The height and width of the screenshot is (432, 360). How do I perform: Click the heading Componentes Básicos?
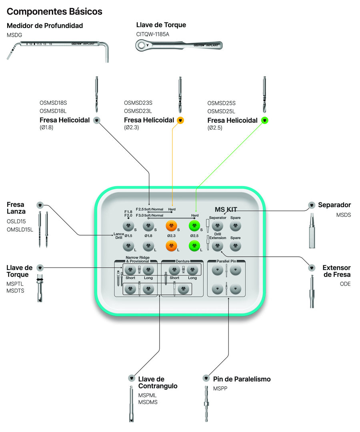[x=54, y=12]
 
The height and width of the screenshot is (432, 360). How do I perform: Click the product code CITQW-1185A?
[x=152, y=34]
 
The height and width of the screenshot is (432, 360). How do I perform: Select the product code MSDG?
[x=14, y=35]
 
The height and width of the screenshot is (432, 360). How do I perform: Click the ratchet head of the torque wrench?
[x=143, y=45]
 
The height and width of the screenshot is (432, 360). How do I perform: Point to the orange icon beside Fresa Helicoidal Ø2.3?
[x=180, y=120]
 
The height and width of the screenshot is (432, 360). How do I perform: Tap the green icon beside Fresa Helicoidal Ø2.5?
[x=264, y=120]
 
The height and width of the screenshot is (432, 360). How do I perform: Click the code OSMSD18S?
[x=53, y=103]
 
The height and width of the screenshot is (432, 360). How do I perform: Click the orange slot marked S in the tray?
[x=172, y=226]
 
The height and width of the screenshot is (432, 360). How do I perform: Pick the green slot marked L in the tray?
[x=194, y=246]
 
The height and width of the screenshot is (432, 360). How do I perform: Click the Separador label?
[x=334, y=205]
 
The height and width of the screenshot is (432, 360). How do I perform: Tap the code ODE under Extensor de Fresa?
[x=345, y=284]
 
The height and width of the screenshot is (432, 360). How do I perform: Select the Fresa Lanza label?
[x=16, y=208]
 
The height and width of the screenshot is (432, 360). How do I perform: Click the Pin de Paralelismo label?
[x=242, y=379]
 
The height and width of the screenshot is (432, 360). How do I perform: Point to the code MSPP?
[x=220, y=388]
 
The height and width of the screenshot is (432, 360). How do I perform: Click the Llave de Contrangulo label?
[x=158, y=382]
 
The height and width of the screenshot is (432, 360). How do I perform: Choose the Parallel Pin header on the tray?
[x=226, y=261]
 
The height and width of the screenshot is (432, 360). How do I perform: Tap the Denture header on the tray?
[x=182, y=261]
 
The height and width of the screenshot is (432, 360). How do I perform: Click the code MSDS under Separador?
[x=343, y=215]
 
